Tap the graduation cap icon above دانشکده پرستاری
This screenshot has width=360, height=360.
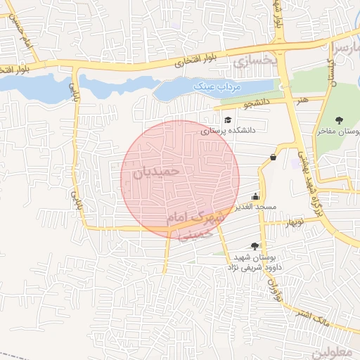pyautogui.click(x=228, y=120)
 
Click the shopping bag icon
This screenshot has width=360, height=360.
pyautogui.click(x=273, y=157)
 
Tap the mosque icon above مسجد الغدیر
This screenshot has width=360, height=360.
pyautogui.click(x=255, y=197)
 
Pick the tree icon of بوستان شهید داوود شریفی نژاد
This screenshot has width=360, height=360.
pyautogui.click(x=254, y=246)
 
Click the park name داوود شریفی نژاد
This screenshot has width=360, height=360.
pyautogui.click(x=253, y=267)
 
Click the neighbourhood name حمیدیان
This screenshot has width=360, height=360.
pyautogui.click(x=156, y=171)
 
